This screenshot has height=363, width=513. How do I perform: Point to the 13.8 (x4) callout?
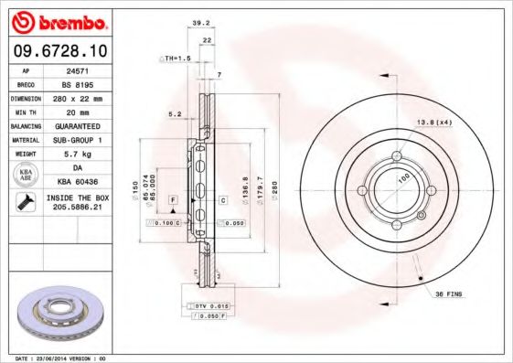point(434,122)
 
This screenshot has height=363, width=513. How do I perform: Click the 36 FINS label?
point(448,293)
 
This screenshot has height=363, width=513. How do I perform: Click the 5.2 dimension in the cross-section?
point(176,115)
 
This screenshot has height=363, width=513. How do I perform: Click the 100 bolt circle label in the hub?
point(402,180)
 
